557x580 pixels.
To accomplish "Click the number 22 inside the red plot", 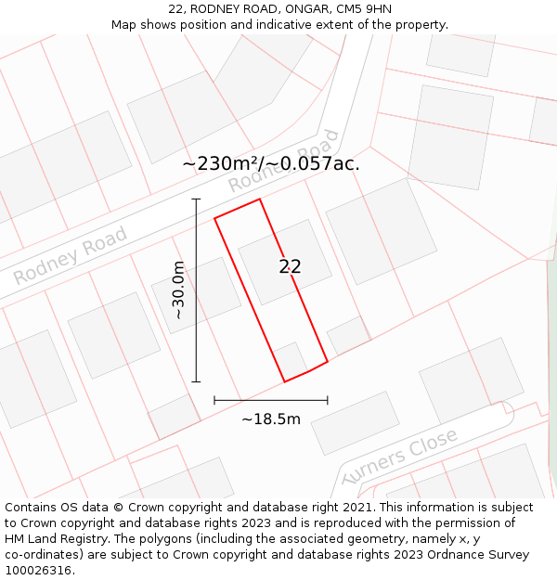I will coord(290,266).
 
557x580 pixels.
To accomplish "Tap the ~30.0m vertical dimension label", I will coord(178,290).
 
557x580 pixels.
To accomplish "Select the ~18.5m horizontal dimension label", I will coord(271,419).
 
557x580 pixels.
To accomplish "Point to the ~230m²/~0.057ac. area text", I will coord(271,163).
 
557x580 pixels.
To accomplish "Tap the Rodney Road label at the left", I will coord(70,256).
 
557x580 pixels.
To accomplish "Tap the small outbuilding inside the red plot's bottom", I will coord(291,359).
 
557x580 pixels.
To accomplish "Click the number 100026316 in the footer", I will coord(38,571).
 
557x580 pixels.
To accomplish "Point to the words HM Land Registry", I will coord(48,539).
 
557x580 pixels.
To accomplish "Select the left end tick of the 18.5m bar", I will coord(214,401).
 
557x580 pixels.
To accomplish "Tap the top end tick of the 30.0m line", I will coord(196,199).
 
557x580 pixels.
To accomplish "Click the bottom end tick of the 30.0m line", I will coord(196,381).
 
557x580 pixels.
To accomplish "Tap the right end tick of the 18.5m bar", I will coord(328,401).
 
